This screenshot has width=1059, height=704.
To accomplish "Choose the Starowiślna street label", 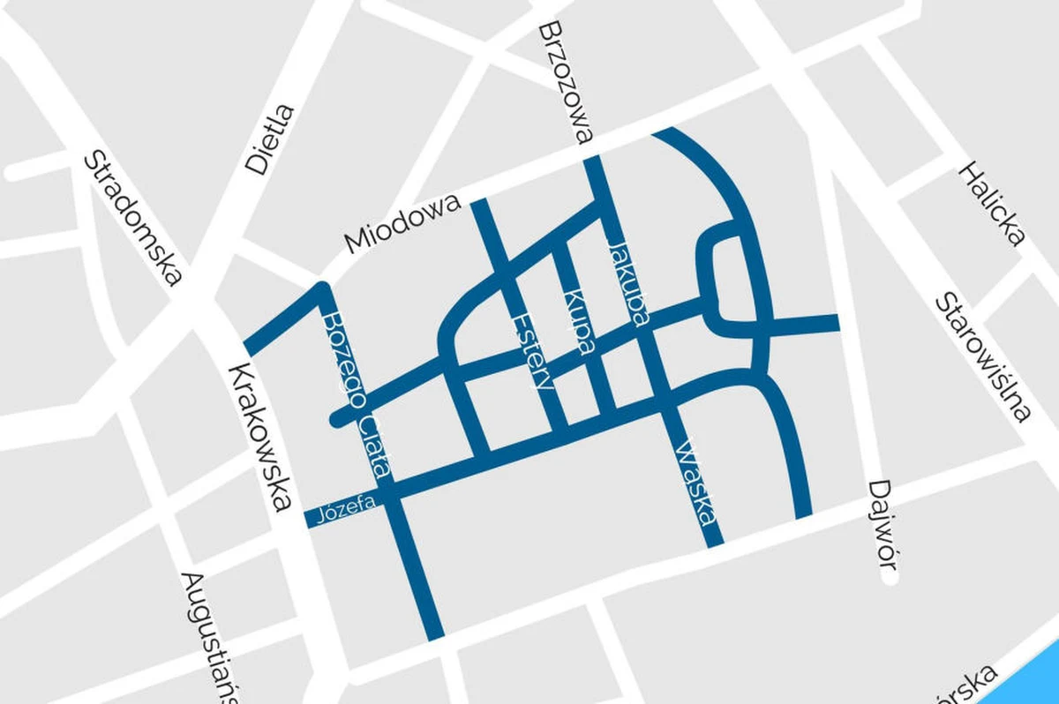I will point(983,356).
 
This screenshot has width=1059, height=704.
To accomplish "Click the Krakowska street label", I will point(259,437).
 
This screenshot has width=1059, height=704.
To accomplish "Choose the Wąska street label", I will point(695,481).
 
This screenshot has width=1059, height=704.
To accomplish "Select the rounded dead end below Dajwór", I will point(889,579).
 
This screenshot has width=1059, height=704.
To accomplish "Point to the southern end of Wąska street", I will point(714,538).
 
